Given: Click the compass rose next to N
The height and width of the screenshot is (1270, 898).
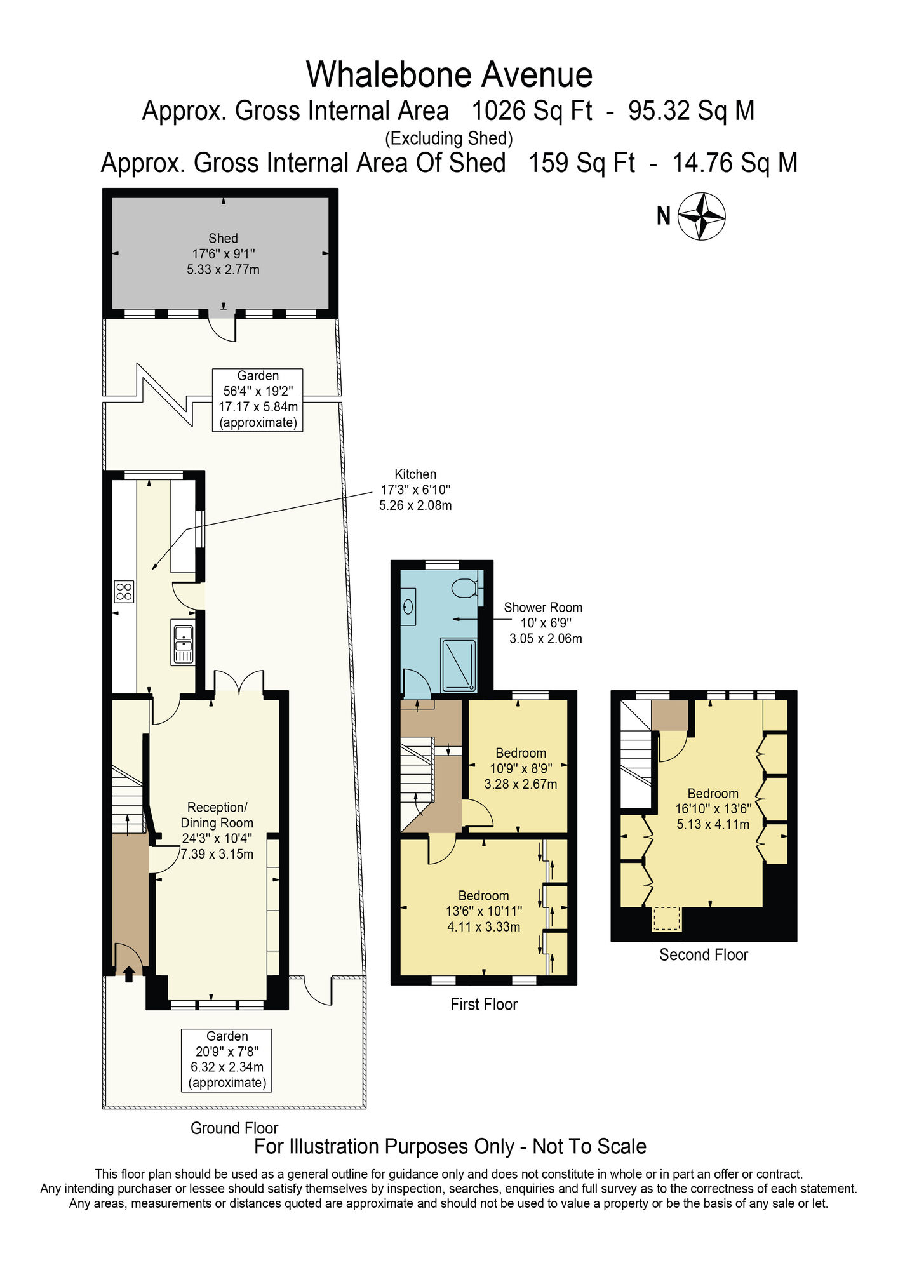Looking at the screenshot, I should pos(701,217).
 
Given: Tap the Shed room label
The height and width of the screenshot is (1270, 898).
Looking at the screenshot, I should pos(223,254).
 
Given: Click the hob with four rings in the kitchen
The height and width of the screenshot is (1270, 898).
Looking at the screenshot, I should pos(124,592).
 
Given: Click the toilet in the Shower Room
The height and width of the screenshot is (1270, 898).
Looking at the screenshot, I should pos(466,588).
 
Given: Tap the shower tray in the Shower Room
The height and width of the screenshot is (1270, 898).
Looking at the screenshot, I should pos(458,665).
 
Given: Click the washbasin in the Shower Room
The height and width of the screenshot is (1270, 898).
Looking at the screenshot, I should pos(408,606).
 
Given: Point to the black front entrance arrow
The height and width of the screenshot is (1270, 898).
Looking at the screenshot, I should pos(129,973).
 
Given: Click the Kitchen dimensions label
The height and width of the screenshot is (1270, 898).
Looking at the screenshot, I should pos(415,490).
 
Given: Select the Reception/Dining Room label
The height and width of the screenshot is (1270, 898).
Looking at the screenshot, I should pos(217,831).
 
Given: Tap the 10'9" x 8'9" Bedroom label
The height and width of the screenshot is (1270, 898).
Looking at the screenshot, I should pos(521,768).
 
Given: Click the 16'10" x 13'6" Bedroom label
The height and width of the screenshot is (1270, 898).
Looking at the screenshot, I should pos(713,809).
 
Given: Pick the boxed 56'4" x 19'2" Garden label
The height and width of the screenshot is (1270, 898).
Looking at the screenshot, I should pos(258,399).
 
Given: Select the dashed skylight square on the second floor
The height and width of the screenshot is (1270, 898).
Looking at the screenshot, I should pos(667,918).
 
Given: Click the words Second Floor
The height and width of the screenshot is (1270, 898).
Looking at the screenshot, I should pos(704,954).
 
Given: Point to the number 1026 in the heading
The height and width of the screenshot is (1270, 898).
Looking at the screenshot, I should pos(499,111).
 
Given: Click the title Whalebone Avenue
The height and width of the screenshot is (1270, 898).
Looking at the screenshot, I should pos(449,75).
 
